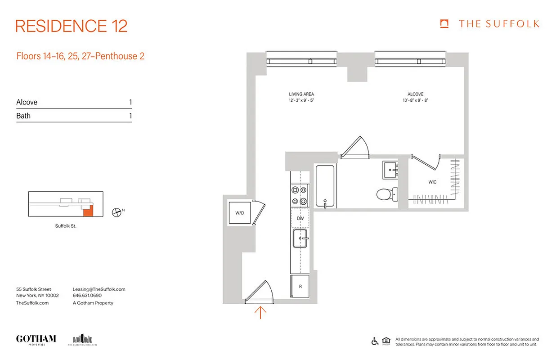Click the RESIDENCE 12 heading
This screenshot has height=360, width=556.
click(x=72, y=26)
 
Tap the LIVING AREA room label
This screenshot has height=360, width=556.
click(x=301, y=94)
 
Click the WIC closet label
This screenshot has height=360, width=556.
click(x=432, y=182)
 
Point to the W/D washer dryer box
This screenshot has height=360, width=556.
click(x=239, y=212)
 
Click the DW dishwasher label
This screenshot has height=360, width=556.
click(x=300, y=218)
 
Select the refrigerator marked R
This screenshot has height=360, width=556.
click(x=300, y=286)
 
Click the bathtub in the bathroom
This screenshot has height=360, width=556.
click(x=324, y=186)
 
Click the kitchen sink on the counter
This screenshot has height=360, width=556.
click(x=300, y=238)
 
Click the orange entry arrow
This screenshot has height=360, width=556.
click(x=260, y=312)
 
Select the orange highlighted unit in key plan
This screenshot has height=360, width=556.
click(x=89, y=211)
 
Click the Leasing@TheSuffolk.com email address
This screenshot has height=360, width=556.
click(x=99, y=289)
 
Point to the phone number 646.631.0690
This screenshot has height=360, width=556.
click(x=87, y=296)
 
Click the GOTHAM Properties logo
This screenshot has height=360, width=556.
click(x=36, y=339)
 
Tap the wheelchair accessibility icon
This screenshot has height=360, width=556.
click(x=375, y=341)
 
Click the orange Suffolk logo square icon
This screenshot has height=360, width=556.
click(x=444, y=24)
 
